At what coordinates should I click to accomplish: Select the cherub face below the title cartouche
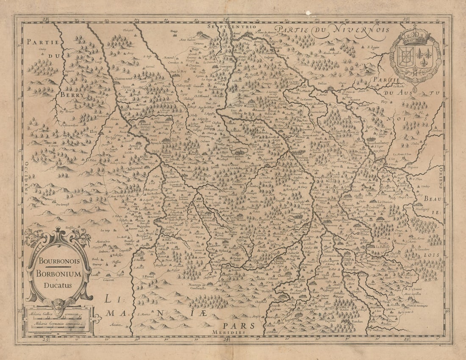point(58,304)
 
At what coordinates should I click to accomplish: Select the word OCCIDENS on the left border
point(26,178)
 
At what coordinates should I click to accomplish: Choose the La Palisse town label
point(385,246)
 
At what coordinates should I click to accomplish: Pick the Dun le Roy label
point(178,72)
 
